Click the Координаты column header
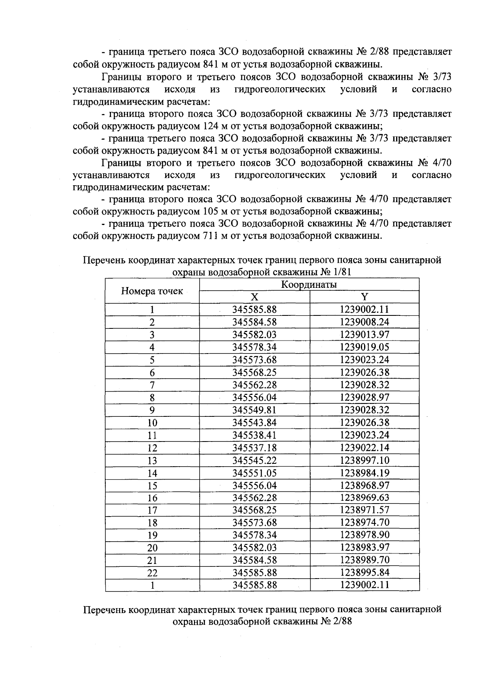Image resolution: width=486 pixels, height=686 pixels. coord(309,285)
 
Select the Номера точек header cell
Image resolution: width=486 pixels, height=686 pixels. coord(152,291)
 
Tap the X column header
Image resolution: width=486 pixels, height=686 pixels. coord(254,297)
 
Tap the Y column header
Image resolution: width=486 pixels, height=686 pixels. coord(364,297)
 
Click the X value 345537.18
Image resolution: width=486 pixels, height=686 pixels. coord(254,448)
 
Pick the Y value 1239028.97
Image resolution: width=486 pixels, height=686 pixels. coord(364,397)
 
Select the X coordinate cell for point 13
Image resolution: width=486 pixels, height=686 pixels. coord(254,460)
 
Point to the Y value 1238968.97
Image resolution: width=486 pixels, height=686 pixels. coord(364,485)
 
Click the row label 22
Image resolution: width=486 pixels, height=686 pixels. coord(152,573)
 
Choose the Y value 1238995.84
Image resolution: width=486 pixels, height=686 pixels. coord(364,572)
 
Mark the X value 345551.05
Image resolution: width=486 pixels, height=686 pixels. coord(254,473)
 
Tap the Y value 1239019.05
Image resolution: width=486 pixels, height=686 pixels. coord(364,347)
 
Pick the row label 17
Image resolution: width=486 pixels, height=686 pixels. coord(152,510)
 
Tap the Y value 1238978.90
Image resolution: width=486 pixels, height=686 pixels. coord(364,535)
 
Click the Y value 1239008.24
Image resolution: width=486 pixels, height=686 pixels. coord(364,322)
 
